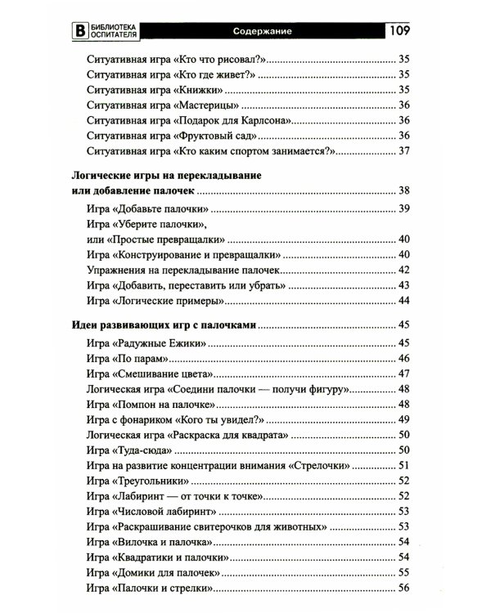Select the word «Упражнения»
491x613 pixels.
pyautogui.click(x=117, y=270)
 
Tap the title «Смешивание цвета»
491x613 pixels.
pyautogui.click(x=164, y=374)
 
